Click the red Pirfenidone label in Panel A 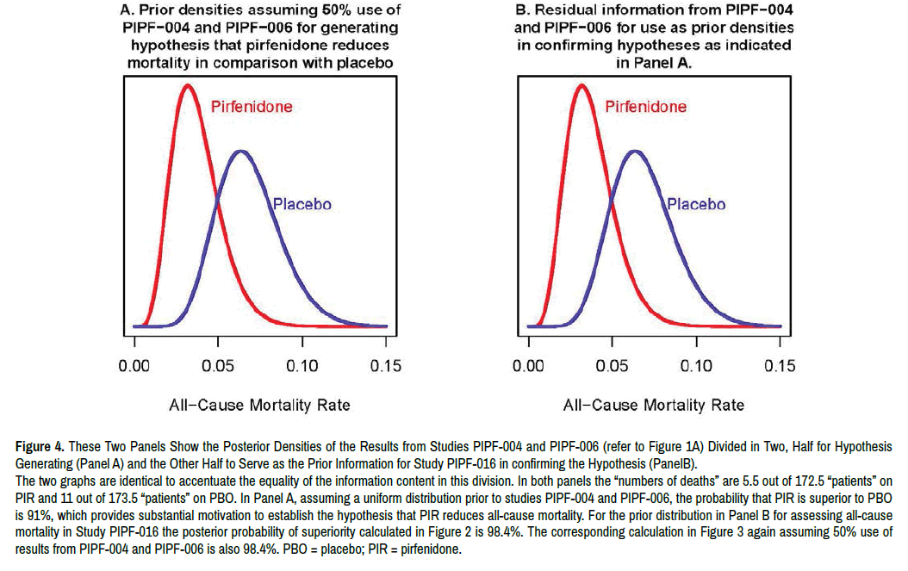(252, 107)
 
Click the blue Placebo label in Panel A (302, 205)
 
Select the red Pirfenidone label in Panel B (645, 107)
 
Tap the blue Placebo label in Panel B (695, 205)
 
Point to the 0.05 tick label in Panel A (218, 366)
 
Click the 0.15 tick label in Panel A (385, 366)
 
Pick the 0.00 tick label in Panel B (528, 366)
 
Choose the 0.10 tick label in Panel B (695, 366)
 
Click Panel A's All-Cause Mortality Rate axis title (259, 405)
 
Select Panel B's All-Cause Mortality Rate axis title (653, 405)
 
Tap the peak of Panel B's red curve (581, 84)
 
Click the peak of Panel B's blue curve (635, 151)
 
